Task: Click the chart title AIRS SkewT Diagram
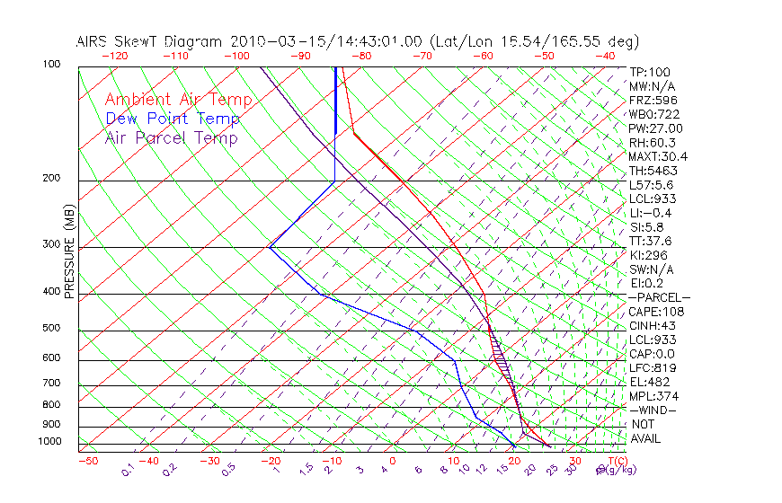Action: [152, 41]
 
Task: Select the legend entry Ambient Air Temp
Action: [178, 101]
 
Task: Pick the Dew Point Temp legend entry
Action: [173, 119]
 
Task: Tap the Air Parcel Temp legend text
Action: [172, 138]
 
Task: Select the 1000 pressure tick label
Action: [51, 442]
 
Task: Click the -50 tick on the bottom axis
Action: [87, 462]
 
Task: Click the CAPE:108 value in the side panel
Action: [657, 312]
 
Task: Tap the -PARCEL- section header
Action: [659, 297]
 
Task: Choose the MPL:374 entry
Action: [654, 396]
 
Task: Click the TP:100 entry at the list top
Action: [650, 73]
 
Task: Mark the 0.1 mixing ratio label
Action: [129, 469]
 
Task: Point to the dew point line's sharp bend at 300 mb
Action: [269, 246]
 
